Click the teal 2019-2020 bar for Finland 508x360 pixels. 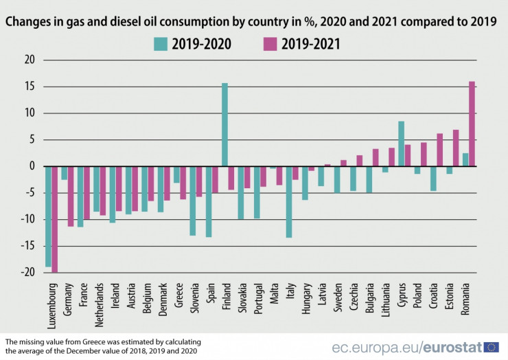(x=224, y=124)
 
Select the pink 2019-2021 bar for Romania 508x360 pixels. (x=472, y=124)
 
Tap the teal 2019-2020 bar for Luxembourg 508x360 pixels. (x=48, y=216)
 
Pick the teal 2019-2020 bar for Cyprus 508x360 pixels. (x=401, y=144)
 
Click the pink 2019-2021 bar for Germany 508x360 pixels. (x=71, y=196)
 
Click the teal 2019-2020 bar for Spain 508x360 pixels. (x=209, y=201)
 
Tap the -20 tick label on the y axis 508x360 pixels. (x=27, y=273)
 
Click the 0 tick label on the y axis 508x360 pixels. (x=32, y=166)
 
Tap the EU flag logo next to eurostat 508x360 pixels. (x=492, y=347)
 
